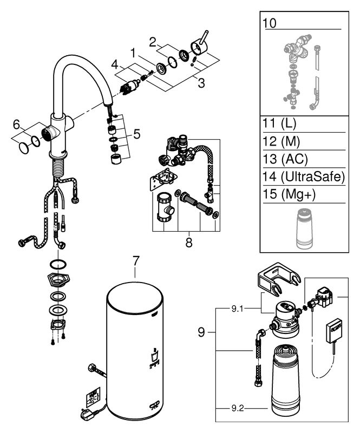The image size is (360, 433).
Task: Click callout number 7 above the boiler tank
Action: [136, 261]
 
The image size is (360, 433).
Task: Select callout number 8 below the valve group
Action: [189, 242]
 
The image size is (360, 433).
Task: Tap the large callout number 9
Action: [201, 332]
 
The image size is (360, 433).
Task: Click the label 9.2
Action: [237, 408]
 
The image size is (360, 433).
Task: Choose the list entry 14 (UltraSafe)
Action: [304, 176]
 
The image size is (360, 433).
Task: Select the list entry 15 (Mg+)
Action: [289, 194]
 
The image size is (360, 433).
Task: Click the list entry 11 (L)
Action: [279, 123]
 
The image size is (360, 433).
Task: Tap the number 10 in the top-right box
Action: [270, 23]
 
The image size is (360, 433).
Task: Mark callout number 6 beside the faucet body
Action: [17, 125]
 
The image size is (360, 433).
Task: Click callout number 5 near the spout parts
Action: [137, 134]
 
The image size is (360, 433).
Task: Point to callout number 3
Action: [201, 83]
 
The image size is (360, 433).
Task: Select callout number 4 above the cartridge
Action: [115, 65]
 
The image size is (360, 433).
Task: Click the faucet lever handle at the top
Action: [199, 45]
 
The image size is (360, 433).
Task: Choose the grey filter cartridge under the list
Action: [304, 228]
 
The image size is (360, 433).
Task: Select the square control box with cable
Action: [334, 331]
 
